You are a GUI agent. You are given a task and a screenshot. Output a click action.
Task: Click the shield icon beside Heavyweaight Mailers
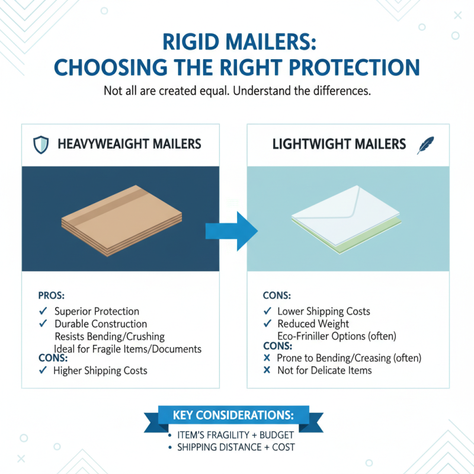point(40,144)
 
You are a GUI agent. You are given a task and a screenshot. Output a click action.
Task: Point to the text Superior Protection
point(97,311)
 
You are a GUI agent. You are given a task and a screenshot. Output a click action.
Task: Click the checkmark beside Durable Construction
point(43,324)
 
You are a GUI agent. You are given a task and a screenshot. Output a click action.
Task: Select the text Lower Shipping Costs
point(324,311)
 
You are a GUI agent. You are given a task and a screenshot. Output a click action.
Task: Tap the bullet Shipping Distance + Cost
point(236,447)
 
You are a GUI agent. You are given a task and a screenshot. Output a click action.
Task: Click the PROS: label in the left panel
point(50,294)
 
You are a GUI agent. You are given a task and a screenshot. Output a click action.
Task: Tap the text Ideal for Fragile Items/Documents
point(127,348)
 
